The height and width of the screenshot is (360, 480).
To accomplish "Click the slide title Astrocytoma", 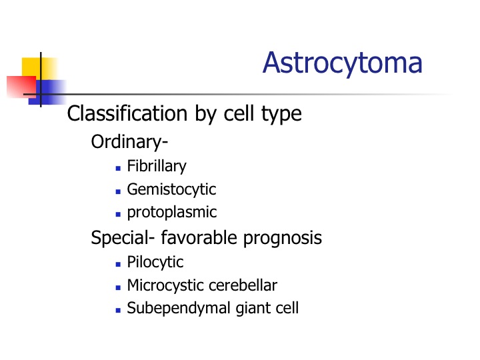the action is click(x=343, y=64).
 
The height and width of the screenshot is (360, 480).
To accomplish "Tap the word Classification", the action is click(x=127, y=113).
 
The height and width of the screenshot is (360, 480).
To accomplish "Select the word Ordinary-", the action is click(x=129, y=143).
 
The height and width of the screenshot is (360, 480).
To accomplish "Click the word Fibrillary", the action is click(x=157, y=167).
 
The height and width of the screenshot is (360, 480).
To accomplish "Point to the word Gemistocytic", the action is click(x=172, y=189).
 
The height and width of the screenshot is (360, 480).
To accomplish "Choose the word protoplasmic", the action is click(x=172, y=213).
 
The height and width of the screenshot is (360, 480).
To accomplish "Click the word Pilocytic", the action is click(x=155, y=263).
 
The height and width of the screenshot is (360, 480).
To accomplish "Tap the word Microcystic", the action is click(x=165, y=285).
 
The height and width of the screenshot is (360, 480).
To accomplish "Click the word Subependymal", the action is click(x=179, y=308).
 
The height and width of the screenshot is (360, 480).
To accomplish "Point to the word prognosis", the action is click(x=283, y=238).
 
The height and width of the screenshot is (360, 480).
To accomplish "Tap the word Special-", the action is click(x=123, y=238).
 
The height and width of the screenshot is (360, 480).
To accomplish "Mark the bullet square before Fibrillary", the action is click(x=118, y=168).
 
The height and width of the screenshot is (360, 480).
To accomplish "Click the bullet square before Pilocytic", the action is click(x=118, y=264).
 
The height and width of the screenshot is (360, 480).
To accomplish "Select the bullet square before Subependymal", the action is click(x=118, y=310).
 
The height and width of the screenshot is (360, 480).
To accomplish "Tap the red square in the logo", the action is click(x=21, y=87).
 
